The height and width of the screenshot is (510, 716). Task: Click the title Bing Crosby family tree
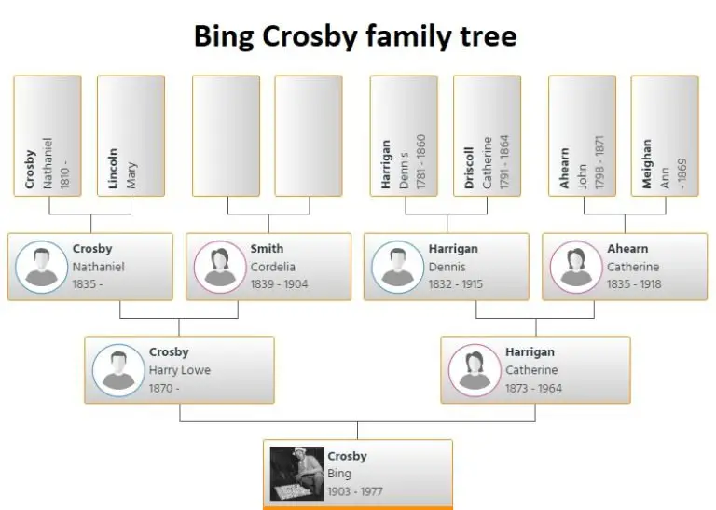click(x=354, y=36)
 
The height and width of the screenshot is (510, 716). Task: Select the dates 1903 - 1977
click(x=355, y=491)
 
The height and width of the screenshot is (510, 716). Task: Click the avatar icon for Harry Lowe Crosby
click(x=118, y=370)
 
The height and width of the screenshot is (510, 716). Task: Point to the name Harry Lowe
click(x=180, y=370)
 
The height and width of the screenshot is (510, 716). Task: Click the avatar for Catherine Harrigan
click(x=475, y=370)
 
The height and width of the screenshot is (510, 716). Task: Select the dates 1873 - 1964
click(x=534, y=388)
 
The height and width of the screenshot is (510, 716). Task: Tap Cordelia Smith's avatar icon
click(x=220, y=267)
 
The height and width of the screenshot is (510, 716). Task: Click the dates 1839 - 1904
click(x=279, y=284)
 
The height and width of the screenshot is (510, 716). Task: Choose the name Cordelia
click(x=273, y=267)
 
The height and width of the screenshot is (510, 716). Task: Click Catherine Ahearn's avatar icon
click(x=576, y=267)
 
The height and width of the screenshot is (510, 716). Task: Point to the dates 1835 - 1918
click(x=635, y=284)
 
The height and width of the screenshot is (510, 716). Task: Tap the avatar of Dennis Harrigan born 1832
click(x=398, y=267)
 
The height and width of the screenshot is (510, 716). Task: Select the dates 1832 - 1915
click(x=456, y=284)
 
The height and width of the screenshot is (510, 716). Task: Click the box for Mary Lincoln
click(x=131, y=136)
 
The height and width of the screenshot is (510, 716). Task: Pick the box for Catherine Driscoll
click(x=487, y=136)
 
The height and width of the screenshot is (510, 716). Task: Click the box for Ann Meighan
click(x=665, y=136)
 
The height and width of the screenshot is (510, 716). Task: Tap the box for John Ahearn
click(x=582, y=136)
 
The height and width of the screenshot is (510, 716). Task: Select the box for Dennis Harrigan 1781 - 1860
click(x=404, y=136)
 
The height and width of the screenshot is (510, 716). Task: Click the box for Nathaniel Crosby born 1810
click(x=48, y=136)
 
